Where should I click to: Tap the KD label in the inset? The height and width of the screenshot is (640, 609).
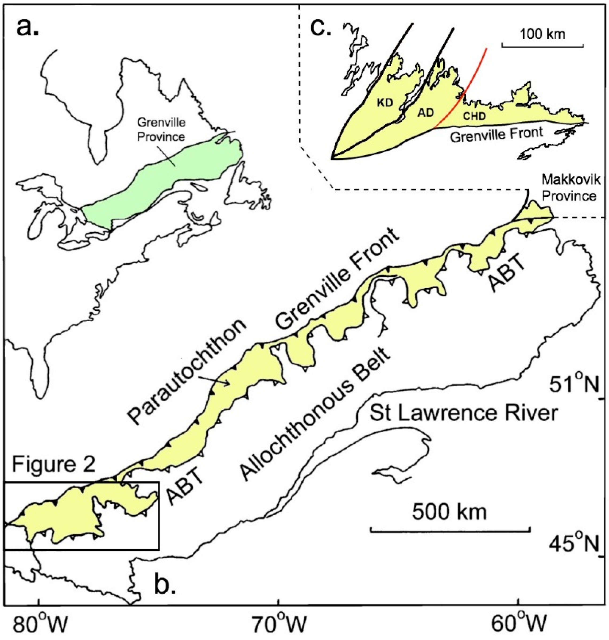[x=385, y=103]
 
